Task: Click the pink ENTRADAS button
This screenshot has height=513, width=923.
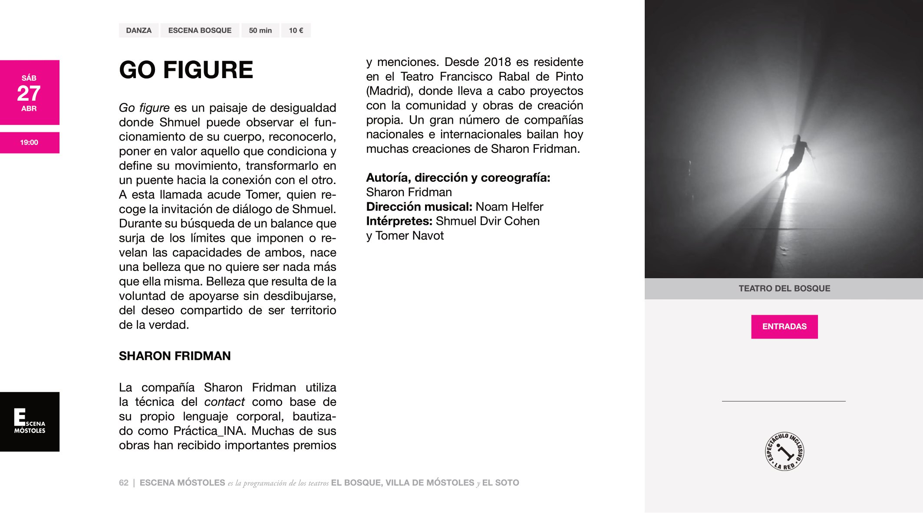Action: (x=784, y=326)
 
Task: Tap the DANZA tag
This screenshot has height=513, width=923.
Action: (x=138, y=30)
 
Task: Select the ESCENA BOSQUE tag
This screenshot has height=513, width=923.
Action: (x=200, y=30)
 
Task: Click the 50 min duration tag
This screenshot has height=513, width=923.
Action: (x=260, y=30)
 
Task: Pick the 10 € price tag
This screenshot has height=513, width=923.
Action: (x=296, y=30)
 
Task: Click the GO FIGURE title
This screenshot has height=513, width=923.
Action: (x=186, y=70)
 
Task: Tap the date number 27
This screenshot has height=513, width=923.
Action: (x=29, y=93)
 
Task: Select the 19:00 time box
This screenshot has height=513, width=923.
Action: (x=29, y=142)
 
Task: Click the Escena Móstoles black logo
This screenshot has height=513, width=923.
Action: (x=30, y=421)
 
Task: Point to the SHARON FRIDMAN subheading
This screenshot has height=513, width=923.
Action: (x=175, y=356)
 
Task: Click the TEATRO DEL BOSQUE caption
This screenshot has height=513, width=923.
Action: (x=784, y=288)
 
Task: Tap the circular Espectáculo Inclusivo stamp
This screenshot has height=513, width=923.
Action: (x=784, y=451)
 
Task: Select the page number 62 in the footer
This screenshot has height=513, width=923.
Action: (x=124, y=483)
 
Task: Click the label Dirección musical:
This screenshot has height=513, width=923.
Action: (x=419, y=207)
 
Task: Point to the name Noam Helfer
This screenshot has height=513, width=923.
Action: (x=509, y=207)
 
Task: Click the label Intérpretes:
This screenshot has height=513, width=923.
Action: (x=399, y=221)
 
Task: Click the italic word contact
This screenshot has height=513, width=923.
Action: (x=224, y=402)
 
